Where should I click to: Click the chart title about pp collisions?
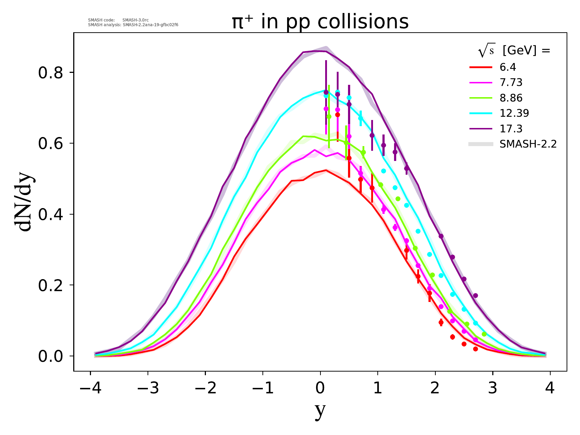320,22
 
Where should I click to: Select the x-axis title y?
320,411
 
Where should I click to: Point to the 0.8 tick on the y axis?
51,73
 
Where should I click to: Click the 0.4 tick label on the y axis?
51,215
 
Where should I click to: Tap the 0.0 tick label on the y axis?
51,356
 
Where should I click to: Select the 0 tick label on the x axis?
320,389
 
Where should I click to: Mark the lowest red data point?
475,349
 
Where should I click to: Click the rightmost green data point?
484,334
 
